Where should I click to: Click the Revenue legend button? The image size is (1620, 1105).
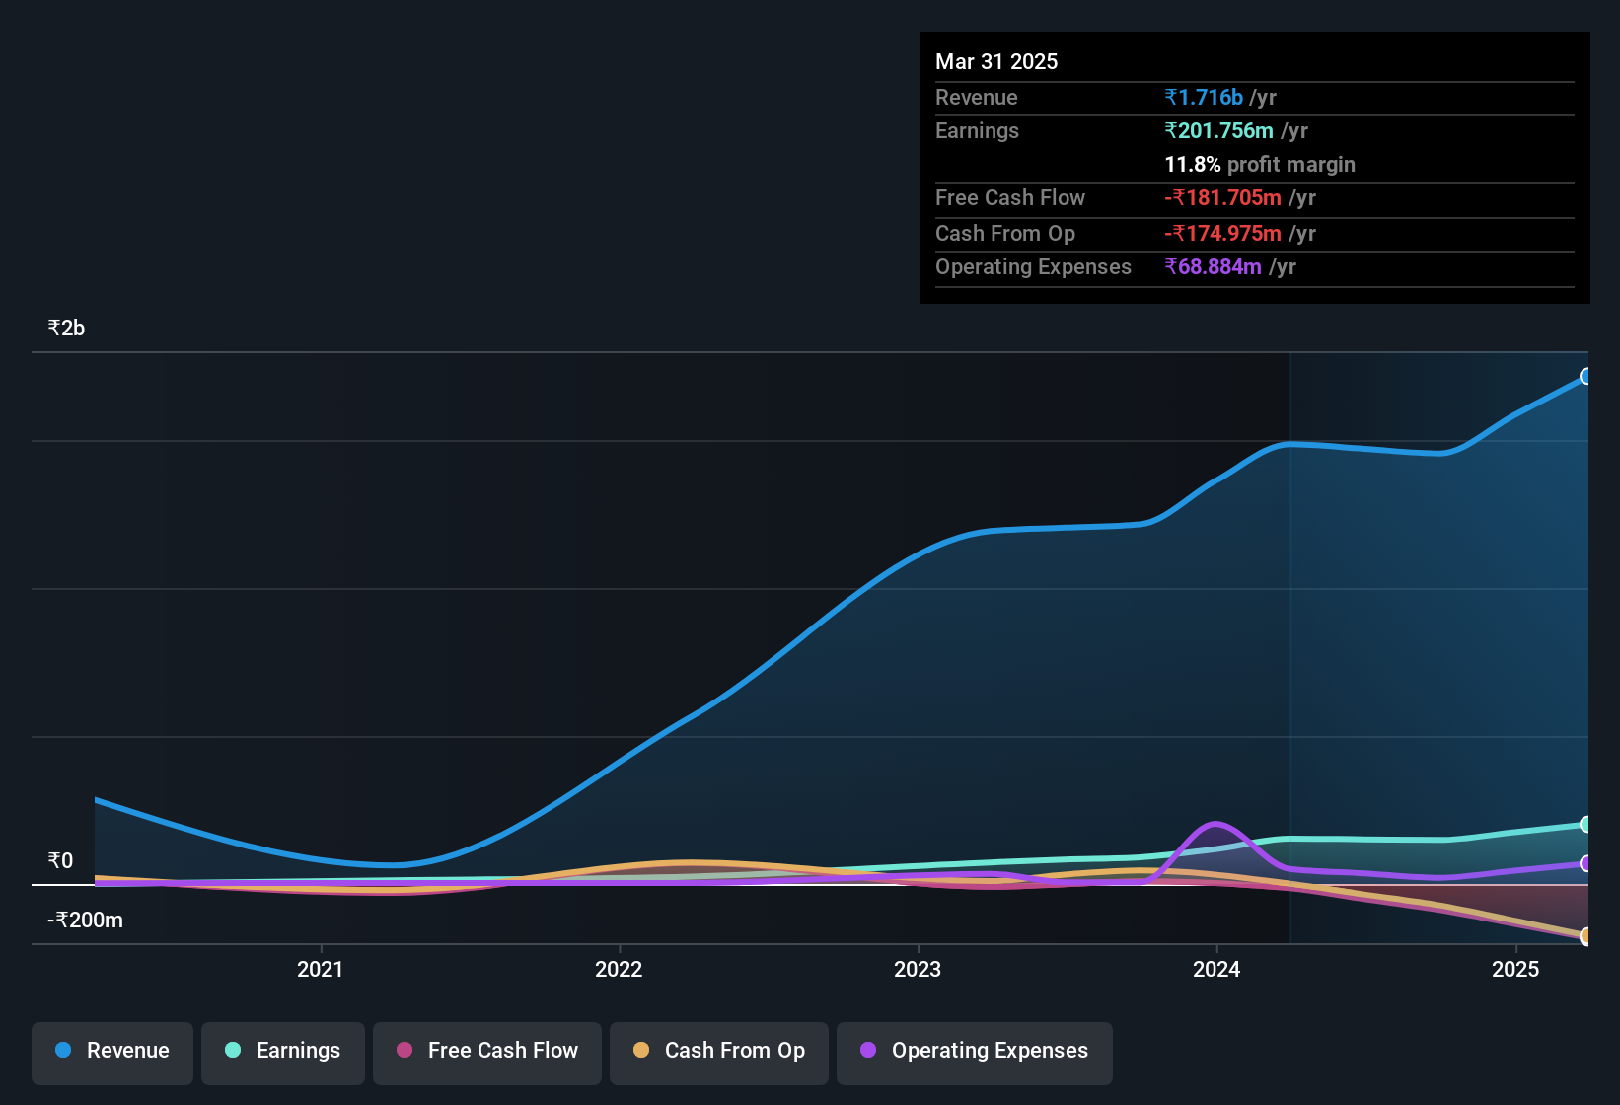(x=112, y=1051)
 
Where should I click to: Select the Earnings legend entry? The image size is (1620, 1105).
(x=282, y=1051)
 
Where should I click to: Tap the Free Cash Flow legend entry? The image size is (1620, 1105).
(x=487, y=1051)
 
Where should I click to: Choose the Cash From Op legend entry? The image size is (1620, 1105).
(x=719, y=1051)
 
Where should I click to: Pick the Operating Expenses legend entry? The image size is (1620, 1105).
(x=975, y=1051)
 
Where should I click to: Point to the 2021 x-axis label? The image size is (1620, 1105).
(x=320, y=969)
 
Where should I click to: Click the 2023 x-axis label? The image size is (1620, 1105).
(x=918, y=969)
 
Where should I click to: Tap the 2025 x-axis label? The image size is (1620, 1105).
(x=1515, y=969)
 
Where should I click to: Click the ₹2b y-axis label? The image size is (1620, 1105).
(x=66, y=329)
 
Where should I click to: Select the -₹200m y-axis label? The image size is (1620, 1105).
(x=86, y=921)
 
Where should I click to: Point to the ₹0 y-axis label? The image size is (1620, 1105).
(x=60, y=861)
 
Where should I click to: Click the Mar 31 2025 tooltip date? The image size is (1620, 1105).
(x=996, y=61)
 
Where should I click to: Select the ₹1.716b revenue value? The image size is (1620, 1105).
(x=1204, y=97)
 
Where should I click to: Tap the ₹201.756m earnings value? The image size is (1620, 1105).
(x=1219, y=130)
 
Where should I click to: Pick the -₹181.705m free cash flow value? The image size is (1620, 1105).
(x=1222, y=197)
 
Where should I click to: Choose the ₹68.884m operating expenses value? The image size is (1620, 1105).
(x=1214, y=266)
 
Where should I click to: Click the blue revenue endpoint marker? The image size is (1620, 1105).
(x=1585, y=376)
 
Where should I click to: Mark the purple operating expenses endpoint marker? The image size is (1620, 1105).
(x=1585, y=863)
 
